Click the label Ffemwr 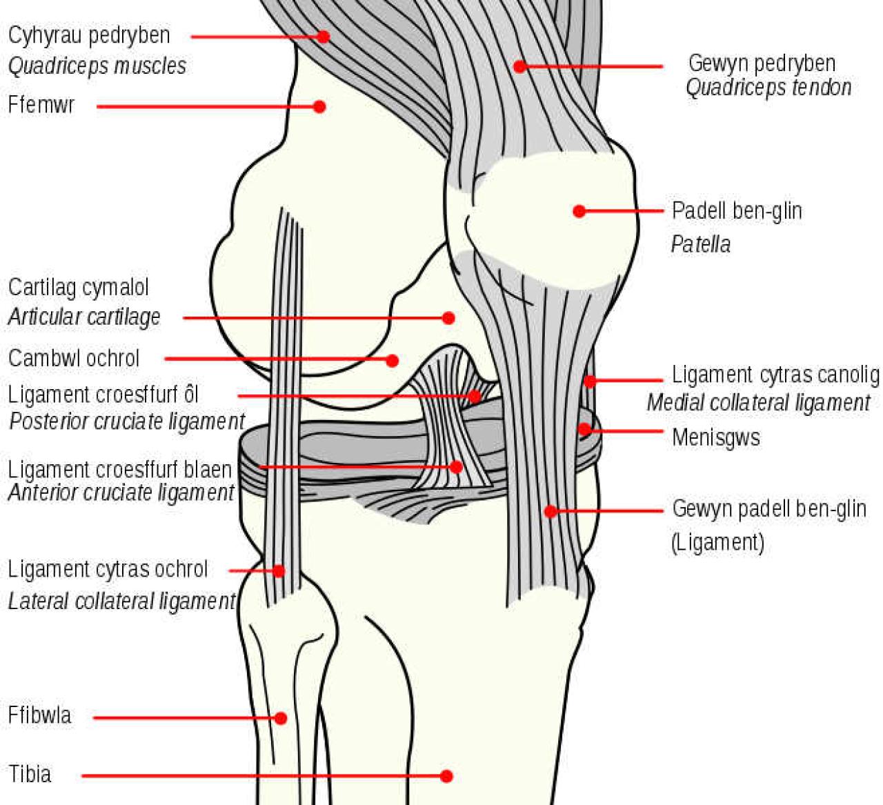[41, 105]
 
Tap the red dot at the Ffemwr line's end [319, 106]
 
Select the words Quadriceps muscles [97, 66]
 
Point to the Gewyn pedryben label [762, 63]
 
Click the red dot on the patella [579, 211]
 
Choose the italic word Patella [700, 244]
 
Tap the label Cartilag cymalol [79, 288]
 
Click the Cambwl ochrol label [74, 359]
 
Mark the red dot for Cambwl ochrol [392, 360]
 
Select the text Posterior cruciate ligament [127, 421]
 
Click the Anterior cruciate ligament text [121, 493]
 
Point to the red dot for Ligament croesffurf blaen [456, 467]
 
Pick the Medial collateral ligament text [758, 403]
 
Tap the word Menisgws [716, 437]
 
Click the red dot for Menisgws [584, 430]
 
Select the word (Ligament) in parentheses [718, 542]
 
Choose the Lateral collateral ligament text [121, 602]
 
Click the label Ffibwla [39, 715]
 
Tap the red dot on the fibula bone [280, 718]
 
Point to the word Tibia [30, 774]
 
